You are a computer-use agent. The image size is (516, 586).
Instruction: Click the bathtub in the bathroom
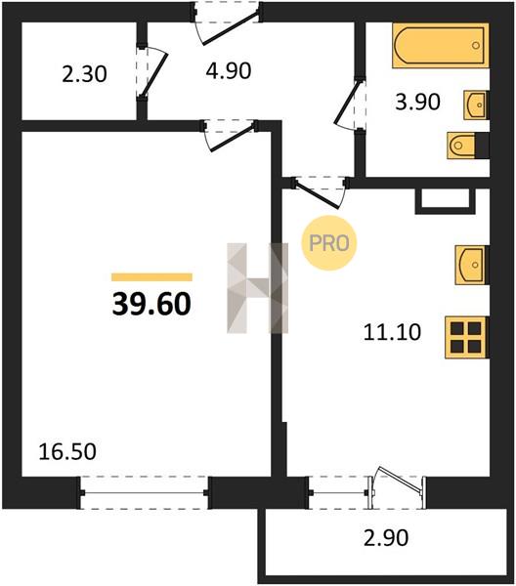click(x=441, y=46)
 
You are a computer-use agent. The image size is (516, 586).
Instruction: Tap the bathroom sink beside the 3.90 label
click(x=476, y=105)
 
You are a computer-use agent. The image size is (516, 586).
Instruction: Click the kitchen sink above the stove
click(x=471, y=265)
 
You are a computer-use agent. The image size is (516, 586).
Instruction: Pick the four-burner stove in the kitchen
click(x=466, y=338)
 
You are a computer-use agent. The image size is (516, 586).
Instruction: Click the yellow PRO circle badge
click(x=329, y=243)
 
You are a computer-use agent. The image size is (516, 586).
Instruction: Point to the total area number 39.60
click(x=151, y=304)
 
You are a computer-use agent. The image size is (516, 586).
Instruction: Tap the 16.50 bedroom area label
click(x=67, y=451)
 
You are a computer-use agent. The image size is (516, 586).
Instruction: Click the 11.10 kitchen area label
click(x=392, y=332)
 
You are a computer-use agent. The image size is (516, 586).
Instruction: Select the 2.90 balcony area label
click(x=386, y=538)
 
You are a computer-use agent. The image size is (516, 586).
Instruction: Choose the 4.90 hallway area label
click(x=229, y=70)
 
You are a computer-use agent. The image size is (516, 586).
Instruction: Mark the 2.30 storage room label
click(x=84, y=74)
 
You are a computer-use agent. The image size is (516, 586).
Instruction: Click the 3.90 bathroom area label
click(x=417, y=102)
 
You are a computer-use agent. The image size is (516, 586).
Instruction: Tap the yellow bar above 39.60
click(x=151, y=277)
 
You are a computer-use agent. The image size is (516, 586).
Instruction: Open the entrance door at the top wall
click(x=228, y=23)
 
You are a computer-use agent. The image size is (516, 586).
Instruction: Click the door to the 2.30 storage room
click(x=151, y=73)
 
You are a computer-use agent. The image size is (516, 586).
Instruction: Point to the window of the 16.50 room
click(x=144, y=493)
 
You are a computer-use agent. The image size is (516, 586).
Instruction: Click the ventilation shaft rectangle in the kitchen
click(x=446, y=201)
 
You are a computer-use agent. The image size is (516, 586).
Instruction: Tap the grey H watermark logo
click(x=258, y=288)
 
